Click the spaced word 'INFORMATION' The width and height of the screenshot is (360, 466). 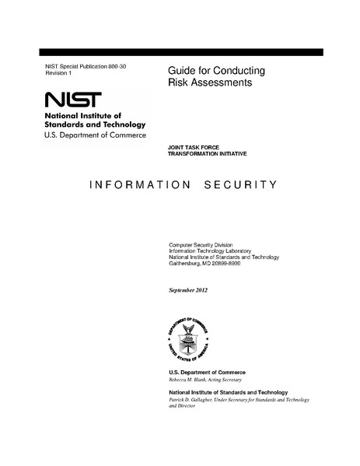click(x=140, y=186)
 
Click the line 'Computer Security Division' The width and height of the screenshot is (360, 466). click(x=201, y=245)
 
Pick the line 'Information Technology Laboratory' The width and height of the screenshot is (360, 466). click(x=208, y=251)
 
